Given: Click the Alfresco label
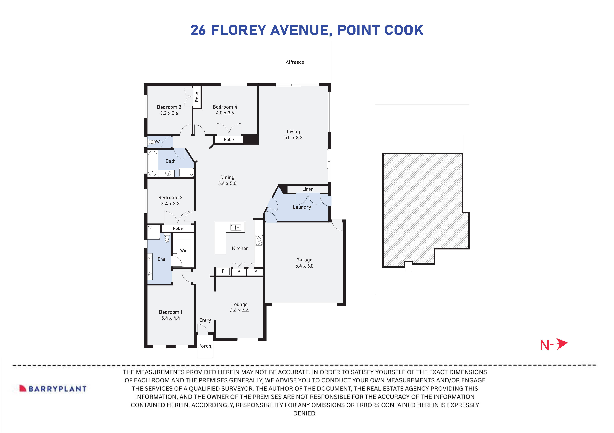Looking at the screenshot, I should click(x=295, y=62).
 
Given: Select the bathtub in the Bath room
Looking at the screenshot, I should click(x=152, y=163).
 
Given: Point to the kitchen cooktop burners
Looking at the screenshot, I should click(x=259, y=240).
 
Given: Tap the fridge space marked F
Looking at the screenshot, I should click(x=223, y=271).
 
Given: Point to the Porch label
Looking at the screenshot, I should click(x=205, y=346).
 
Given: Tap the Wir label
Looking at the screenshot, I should click(x=183, y=251).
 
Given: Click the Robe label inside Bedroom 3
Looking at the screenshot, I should click(x=197, y=97).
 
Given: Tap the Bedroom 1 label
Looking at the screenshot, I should click(x=170, y=312).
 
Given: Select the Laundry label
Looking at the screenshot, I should click(x=302, y=207).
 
